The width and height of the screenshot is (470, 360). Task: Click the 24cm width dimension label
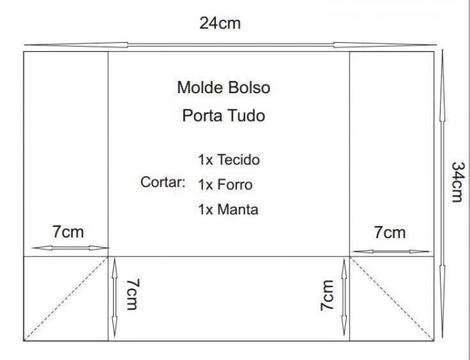(x=220, y=23)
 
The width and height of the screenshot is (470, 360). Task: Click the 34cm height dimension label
(x=458, y=182)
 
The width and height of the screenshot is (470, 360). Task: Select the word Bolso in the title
(x=249, y=88)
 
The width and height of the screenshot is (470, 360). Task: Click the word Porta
(x=202, y=115)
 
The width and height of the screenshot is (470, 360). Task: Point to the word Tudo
(x=246, y=115)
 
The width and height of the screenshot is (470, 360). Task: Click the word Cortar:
(x=163, y=182)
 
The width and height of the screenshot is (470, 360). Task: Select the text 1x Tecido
(x=229, y=160)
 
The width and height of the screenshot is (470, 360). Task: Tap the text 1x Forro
(x=225, y=184)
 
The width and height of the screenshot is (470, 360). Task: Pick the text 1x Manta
(x=228, y=210)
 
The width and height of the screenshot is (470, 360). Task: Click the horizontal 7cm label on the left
(x=68, y=232)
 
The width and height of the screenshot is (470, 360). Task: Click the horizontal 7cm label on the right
(x=390, y=233)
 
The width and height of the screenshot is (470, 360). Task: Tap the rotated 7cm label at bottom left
(x=133, y=294)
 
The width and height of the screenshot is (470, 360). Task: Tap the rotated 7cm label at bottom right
(x=327, y=295)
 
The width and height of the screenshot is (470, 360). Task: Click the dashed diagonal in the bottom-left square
(x=66, y=299)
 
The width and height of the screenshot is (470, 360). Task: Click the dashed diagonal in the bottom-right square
(x=392, y=299)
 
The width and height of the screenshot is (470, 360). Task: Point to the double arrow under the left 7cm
(x=70, y=248)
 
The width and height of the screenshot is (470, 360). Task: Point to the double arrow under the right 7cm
(x=390, y=251)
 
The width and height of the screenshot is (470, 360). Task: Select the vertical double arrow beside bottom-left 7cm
(x=114, y=299)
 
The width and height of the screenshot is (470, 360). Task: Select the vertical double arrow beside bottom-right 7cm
(x=344, y=297)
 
